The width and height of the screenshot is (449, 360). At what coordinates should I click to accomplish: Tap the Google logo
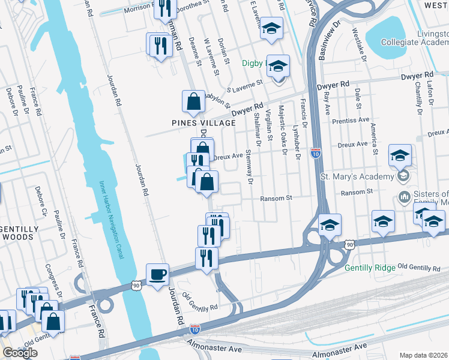point(20,353)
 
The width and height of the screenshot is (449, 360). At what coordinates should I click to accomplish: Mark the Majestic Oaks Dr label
point(281,129)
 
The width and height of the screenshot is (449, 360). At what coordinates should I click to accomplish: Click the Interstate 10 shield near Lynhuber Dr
point(316,154)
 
